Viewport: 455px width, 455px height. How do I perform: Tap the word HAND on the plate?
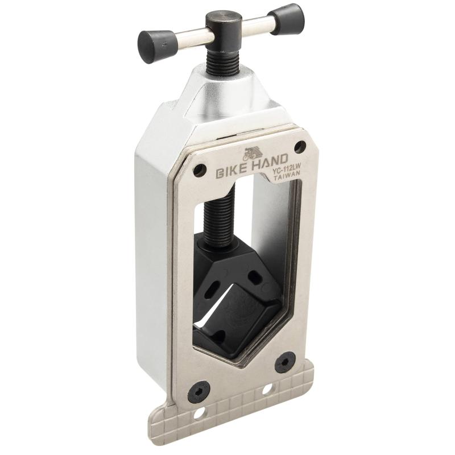[x=270, y=160]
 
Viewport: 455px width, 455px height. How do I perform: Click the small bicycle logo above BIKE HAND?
[x=252, y=153]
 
